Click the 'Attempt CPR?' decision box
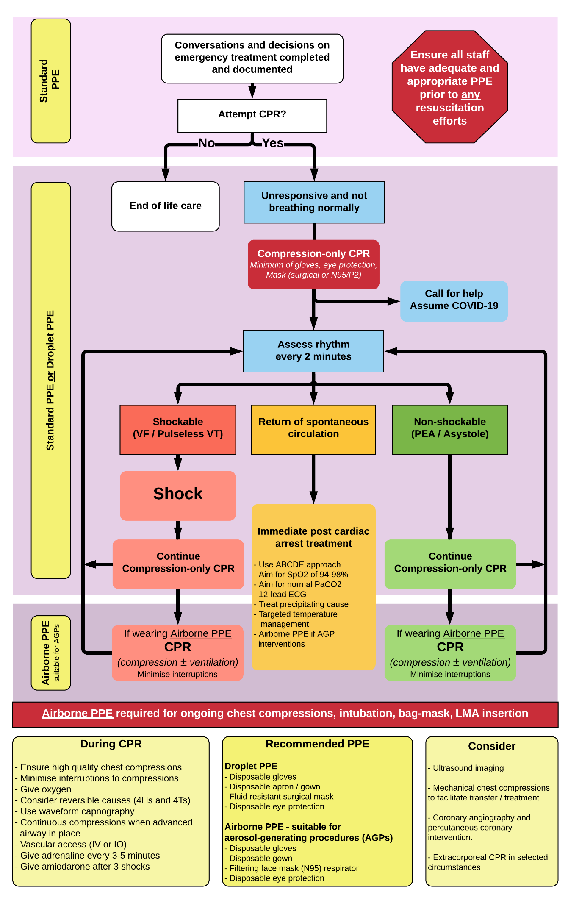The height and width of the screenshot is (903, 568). click(x=252, y=115)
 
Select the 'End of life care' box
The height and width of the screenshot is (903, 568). click(x=165, y=206)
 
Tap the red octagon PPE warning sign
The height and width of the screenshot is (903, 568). click(x=449, y=87)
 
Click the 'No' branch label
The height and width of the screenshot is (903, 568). click(x=206, y=143)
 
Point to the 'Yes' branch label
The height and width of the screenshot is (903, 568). click(x=272, y=143)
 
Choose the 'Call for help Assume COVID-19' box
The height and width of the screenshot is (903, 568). click(x=454, y=300)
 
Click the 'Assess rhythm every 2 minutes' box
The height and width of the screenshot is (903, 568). click(x=313, y=351)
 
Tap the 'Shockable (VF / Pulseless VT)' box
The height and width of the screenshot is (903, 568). click(x=178, y=429)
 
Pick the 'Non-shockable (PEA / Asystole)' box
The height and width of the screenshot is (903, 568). click(x=449, y=429)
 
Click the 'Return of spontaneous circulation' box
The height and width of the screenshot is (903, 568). click(x=313, y=429)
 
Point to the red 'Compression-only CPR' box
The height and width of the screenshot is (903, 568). click(x=313, y=264)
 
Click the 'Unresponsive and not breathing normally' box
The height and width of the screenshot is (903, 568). click(x=314, y=202)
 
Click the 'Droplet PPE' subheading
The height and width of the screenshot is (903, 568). click(x=251, y=766)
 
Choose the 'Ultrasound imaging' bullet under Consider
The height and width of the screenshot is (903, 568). click(x=468, y=768)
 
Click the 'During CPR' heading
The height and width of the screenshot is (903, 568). click(x=111, y=744)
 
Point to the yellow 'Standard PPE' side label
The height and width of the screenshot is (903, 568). click(x=50, y=81)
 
